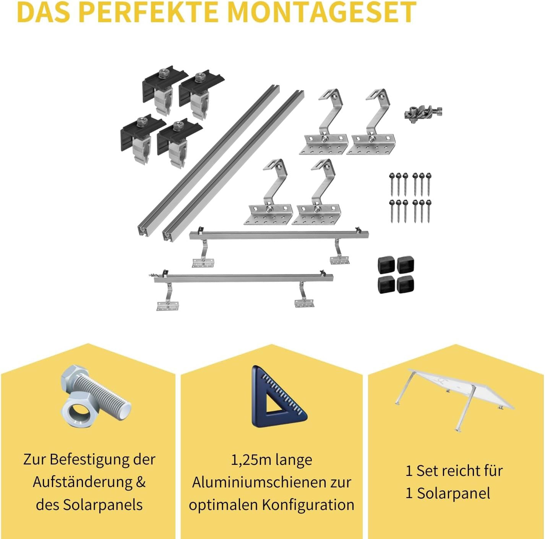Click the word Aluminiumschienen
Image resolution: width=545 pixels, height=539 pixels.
point(263,482)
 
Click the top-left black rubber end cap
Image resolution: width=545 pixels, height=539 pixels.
point(386,265)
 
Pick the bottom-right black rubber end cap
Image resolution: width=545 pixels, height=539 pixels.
point(406,284)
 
